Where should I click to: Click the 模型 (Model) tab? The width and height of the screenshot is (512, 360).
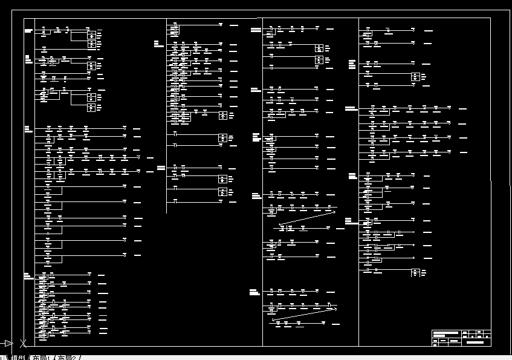18,357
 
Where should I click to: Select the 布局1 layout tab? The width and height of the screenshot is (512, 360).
41,357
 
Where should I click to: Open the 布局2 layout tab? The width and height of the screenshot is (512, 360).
68,357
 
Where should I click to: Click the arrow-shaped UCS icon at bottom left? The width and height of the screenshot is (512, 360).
8,344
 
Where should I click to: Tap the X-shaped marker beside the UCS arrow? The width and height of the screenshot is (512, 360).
23,344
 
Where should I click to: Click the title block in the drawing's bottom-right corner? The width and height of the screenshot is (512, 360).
461,338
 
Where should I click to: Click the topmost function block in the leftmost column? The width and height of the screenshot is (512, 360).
91,35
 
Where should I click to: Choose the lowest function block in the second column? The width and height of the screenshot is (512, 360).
222,192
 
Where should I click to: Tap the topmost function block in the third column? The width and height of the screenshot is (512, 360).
319,48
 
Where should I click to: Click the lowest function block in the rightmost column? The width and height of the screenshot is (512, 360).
415,272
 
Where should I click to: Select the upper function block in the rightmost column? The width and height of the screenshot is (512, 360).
415,77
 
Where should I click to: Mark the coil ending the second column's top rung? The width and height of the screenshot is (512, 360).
221,25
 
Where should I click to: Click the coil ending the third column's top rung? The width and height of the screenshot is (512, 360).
317,28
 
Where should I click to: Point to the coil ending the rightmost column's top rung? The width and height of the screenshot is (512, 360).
413,29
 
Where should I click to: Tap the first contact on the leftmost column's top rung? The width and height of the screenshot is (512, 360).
44,29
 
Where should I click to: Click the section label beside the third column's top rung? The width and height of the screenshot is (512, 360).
256,29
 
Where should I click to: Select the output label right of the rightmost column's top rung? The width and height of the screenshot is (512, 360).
428,30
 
